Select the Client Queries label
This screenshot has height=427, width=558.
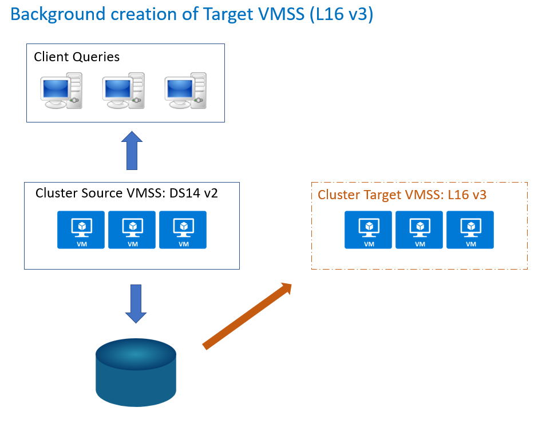tap(77, 57)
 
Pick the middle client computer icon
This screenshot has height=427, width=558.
tap(123, 90)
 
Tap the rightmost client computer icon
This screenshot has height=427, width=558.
tap(185, 90)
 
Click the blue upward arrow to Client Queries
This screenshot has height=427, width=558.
tap(132, 151)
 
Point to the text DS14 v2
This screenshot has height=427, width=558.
tap(193, 193)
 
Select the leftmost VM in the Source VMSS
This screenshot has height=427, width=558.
tap(81, 230)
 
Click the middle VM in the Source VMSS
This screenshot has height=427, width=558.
tap(132, 230)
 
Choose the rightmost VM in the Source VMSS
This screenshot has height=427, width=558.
tap(183, 230)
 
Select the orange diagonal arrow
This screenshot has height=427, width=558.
tap(247, 315)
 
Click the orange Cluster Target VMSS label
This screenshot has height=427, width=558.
tap(402, 195)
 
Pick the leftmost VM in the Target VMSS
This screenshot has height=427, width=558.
tap(369, 230)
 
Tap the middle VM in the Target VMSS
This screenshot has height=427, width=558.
tap(419, 230)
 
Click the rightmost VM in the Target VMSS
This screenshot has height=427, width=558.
tap(470, 230)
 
